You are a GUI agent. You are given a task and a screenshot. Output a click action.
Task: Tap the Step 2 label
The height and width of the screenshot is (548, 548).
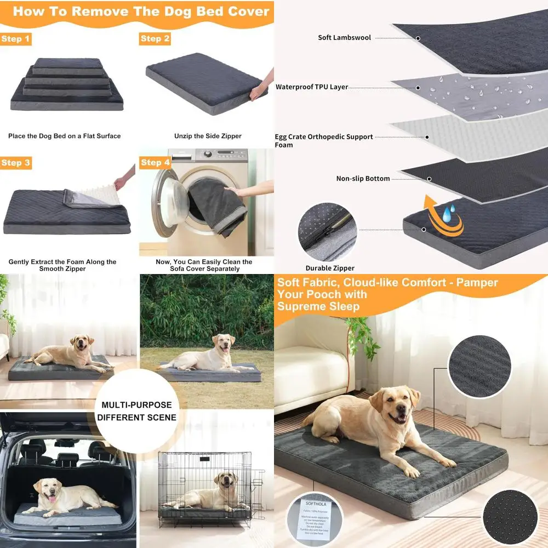pos(155,38)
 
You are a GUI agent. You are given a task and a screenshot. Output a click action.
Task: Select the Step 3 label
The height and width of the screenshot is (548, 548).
pos(16,163)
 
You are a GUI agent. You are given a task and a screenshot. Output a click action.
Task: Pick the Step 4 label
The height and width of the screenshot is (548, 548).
pos(155,162)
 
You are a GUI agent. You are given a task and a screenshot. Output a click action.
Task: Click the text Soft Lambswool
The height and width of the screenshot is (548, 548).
pos(344,38)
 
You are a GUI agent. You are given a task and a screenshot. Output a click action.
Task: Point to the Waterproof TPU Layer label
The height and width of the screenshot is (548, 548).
pos(311,87)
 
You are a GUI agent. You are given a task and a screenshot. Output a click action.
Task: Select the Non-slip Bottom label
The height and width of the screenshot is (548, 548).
pos(363,179)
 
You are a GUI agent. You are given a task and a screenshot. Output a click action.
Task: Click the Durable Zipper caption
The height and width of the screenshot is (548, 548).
pos(330,268)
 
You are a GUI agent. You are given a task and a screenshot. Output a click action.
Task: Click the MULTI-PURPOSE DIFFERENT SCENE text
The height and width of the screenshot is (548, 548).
pos(136,411)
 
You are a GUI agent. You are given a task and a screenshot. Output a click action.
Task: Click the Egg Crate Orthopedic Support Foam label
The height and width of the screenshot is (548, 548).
pos(323,141)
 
